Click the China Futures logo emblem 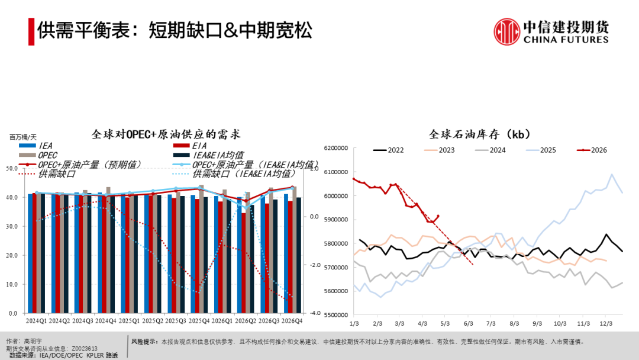(506, 31)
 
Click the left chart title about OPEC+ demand (166, 134)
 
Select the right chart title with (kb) (480, 134)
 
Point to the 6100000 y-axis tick (336, 172)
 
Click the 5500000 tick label (336, 315)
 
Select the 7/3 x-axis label (491, 323)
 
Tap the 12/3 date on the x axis (606, 323)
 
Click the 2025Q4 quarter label (199, 321)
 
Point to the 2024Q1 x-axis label (36, 321)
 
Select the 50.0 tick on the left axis (12, 168)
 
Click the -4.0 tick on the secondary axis (315, 313)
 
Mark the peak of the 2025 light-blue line (612, 175)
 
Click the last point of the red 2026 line (438, 216)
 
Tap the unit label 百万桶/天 (23, 137)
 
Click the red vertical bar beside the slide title (31, 31)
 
